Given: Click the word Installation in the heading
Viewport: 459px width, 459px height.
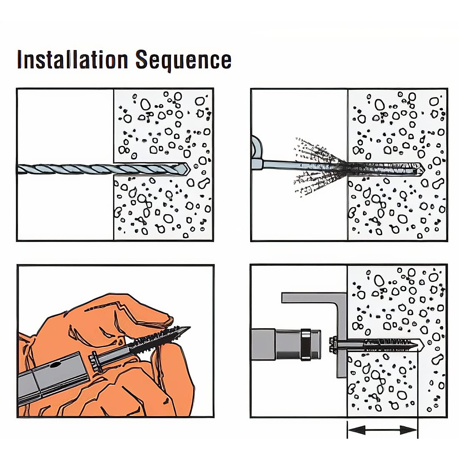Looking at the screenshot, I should tap(72, 60).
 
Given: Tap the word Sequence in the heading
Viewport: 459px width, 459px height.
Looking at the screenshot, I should tap(183, 60).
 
